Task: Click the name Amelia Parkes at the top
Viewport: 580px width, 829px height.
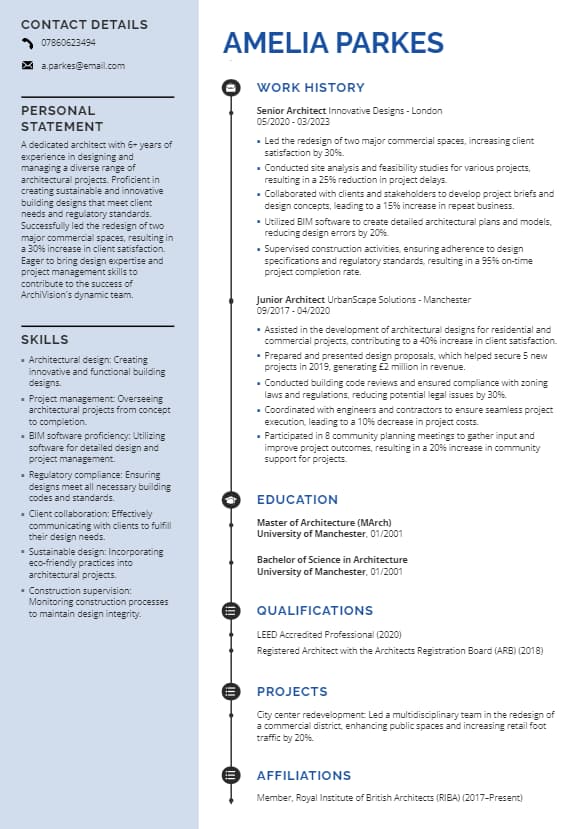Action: (332, 42)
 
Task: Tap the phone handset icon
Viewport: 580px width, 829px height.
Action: (27, 43)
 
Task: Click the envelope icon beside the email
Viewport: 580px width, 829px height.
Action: (27, 66)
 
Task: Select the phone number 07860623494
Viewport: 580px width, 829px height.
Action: (68, 43)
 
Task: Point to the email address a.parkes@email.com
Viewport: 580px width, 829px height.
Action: (83, 66)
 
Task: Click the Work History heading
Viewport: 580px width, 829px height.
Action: (310, 88)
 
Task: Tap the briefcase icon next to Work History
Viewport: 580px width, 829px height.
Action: (231, 88)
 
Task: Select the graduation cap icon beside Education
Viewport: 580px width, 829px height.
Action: (231, 500)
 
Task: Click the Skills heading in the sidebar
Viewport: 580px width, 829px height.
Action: (45, 340)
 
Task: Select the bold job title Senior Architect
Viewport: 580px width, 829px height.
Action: (291, 110)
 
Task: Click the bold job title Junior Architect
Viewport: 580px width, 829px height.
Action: (291, 299)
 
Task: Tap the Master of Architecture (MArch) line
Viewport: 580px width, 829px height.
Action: (323, 522)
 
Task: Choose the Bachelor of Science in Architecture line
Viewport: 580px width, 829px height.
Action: (332, 560)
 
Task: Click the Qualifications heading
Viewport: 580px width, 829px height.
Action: (314, 611)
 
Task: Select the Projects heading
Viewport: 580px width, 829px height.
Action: (292, 692)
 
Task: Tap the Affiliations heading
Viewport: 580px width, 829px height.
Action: (303, 776)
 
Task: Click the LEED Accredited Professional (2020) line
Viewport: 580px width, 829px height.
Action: (328, 634)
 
